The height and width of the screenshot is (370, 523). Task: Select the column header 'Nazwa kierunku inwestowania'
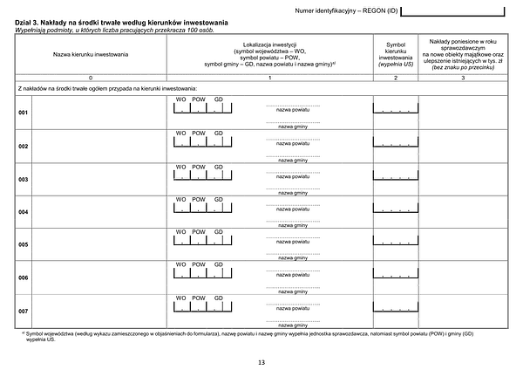click(91, 54)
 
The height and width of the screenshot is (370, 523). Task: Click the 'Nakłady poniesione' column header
click(464, 54)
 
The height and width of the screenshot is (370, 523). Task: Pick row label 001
click(24, 113)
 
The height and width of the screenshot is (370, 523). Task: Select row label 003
click(24, 179)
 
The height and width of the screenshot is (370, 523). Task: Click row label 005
click(24, 244)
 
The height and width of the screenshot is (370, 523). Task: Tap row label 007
click(24, 310)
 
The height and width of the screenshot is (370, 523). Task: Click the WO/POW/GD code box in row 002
click(201, 143)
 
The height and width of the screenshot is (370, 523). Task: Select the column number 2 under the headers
click(397, 79)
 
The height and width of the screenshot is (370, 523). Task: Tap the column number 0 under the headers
click(91, 79)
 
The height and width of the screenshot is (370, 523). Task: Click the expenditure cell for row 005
click(464, 244)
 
